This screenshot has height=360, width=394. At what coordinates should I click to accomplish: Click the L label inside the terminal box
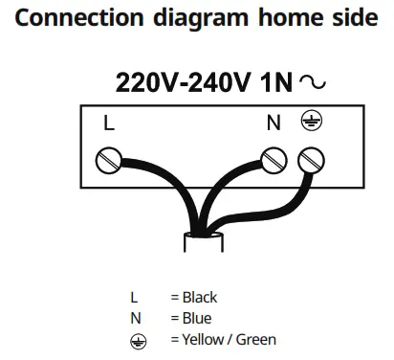tap(108, 123)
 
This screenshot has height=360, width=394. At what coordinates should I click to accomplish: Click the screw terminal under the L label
tap(108, 157)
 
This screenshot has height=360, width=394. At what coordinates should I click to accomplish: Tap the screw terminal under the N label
tap(274, 157)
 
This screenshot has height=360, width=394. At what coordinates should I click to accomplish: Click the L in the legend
tap(134, 297)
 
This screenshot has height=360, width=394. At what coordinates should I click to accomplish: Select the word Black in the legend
tap(200, 297)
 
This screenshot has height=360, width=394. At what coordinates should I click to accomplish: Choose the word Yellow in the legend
tap(203, 340)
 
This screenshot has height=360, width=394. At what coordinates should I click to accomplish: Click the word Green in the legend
tap(255, 340)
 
